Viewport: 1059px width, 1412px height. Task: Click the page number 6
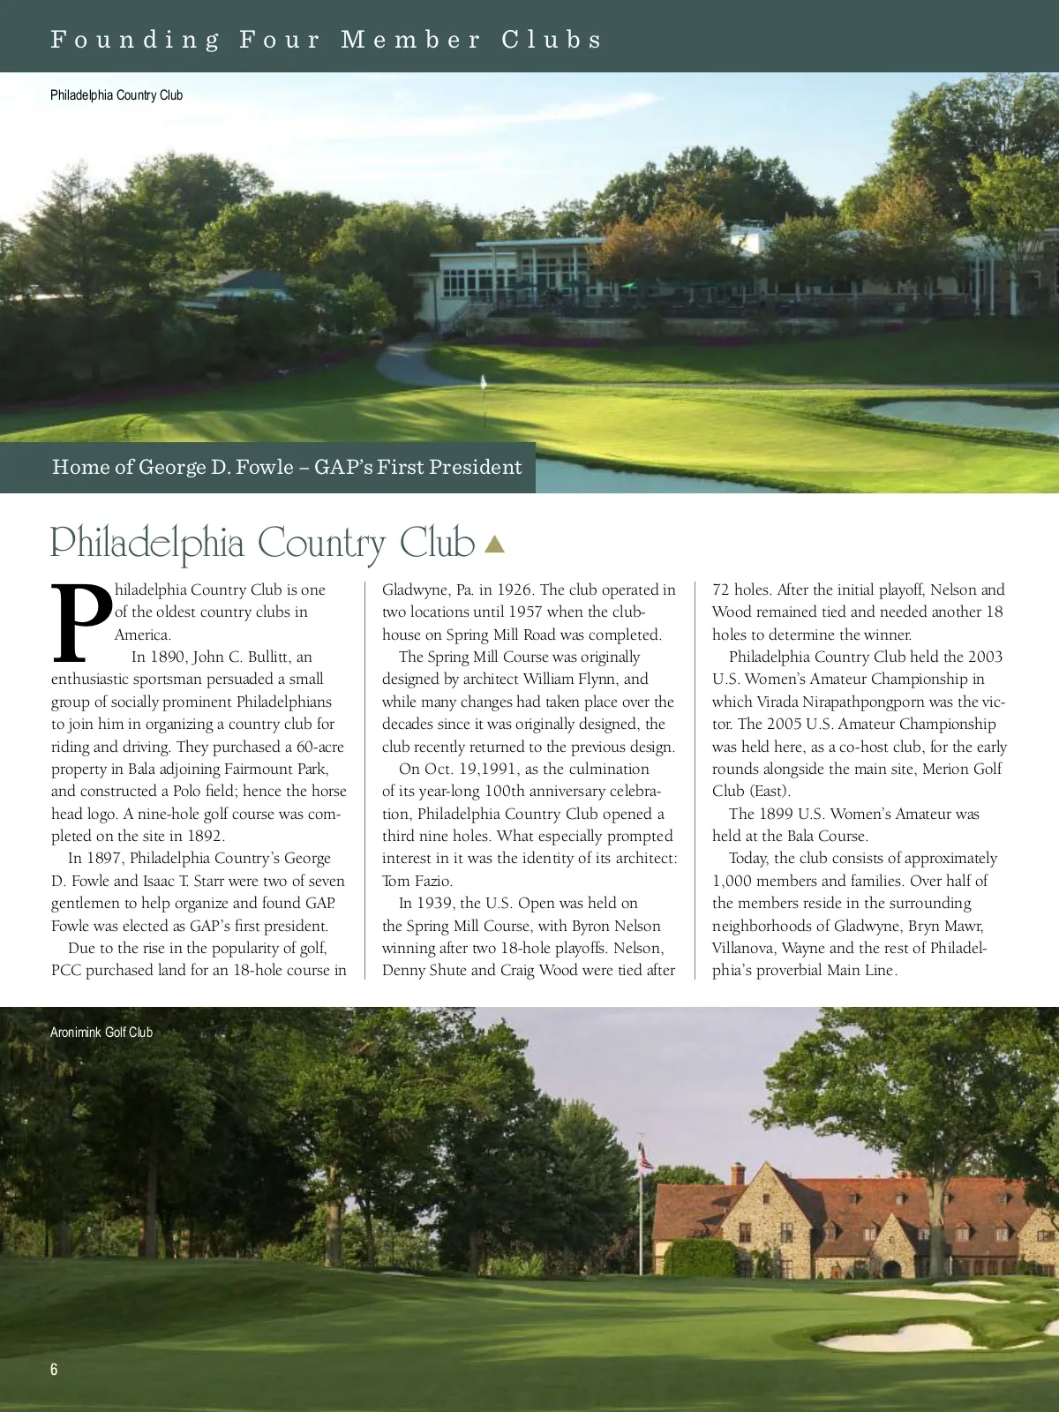point(54,1369)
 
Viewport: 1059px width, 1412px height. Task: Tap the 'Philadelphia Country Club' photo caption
point(116,95)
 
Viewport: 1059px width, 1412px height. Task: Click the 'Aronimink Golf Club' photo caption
point(101,1032)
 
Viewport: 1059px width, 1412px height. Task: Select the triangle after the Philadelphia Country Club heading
point(495,545)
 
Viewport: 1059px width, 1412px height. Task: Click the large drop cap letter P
point(81,623)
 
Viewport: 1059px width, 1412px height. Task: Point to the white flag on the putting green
point(484,382)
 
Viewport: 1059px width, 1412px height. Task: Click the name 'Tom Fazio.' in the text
point(417,881)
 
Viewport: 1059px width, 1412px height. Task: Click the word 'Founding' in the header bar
point(135,40)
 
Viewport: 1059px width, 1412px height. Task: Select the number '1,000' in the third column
point(732,881)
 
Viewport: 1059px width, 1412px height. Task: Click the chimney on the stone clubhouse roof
point(738,1174)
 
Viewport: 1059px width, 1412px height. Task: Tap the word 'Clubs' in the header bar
point(552,40)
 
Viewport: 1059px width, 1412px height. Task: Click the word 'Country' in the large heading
point(322,543)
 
